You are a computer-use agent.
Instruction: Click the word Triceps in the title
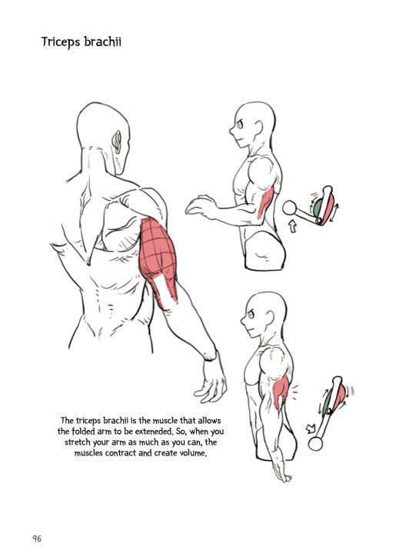(x=61, y=42)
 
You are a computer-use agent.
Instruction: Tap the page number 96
(x=37, y=538)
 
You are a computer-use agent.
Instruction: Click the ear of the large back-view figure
(x=117, y=142)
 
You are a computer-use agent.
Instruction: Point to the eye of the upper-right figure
(x=240, y=125)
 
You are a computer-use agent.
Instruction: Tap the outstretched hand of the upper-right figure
(x=200, y=206)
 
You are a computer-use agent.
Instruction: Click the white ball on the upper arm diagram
(x=289, y=208)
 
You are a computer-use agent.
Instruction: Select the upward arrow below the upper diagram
(x=293, y=226)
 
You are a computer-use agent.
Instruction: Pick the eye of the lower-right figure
(x=251, y=315)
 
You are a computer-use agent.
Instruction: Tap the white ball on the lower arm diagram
(x=315, y=444)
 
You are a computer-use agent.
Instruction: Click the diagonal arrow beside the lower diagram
(x=311, y=428)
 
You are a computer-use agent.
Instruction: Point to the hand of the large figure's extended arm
(x=211, y=378)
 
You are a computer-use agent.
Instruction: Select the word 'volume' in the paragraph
(x=195, y=453)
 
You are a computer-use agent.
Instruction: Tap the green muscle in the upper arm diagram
(x=318, y=207)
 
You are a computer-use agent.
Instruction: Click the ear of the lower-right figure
(x=270, y=318)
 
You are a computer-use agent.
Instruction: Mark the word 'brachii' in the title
(x=103, y=42)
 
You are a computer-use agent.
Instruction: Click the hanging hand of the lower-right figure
(x=283, y=471)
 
